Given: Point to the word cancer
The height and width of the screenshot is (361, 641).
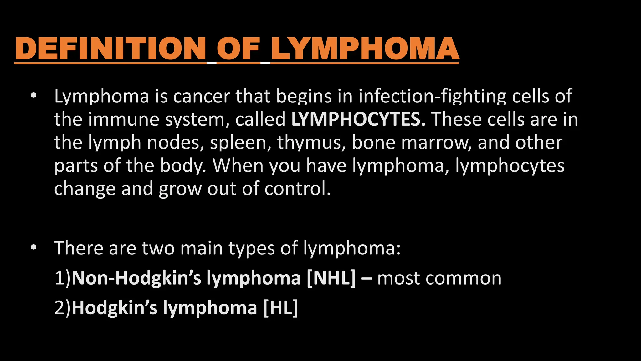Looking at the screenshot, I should tap(202, 96).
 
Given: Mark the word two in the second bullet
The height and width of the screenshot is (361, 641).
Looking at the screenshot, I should tap(158, 248).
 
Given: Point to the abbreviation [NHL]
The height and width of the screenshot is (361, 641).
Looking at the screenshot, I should tap(331, 278).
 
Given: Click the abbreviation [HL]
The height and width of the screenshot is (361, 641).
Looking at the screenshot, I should tap(280, 308).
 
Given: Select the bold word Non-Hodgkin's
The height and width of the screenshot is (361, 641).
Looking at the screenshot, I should tap(136, 278).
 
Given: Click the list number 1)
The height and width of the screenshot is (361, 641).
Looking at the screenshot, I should tap(63, 278).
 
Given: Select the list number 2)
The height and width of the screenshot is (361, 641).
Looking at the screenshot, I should tap(63, 308).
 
